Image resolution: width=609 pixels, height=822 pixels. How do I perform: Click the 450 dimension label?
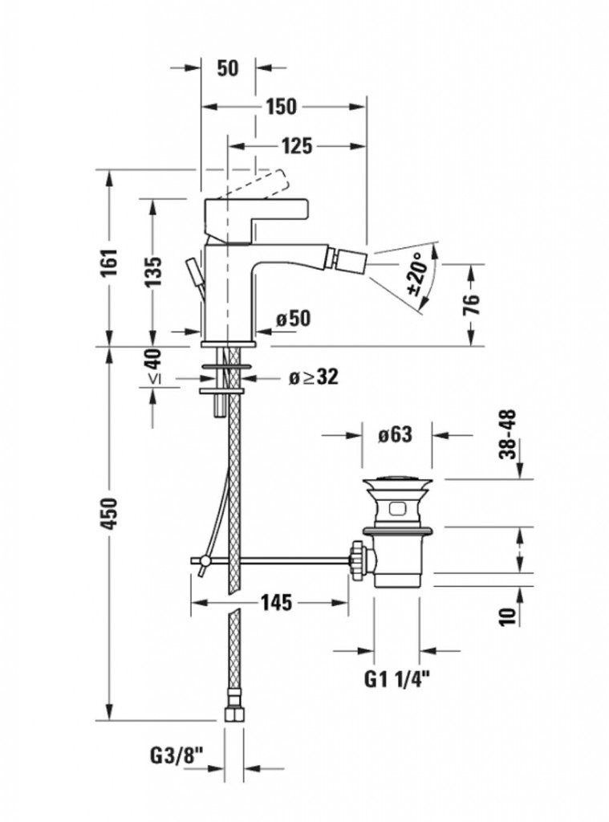[x=110, y=513]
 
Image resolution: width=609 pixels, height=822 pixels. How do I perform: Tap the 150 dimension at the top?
[x=282, y=107]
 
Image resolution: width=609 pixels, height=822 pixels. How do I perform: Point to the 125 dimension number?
[x=297, y=145]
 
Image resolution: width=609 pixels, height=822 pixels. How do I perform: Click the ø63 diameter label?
[x=394, y=435]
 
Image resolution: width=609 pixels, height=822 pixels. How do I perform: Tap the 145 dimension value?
[x=275, y=602]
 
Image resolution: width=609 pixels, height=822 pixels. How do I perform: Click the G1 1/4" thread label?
[x=396, y=681]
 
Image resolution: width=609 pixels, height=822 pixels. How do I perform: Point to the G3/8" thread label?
[x=177, y=755]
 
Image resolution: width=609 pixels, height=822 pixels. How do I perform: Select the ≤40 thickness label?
[x=152, y=368]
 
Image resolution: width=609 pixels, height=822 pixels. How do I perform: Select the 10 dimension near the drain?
[x=507, y=616]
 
